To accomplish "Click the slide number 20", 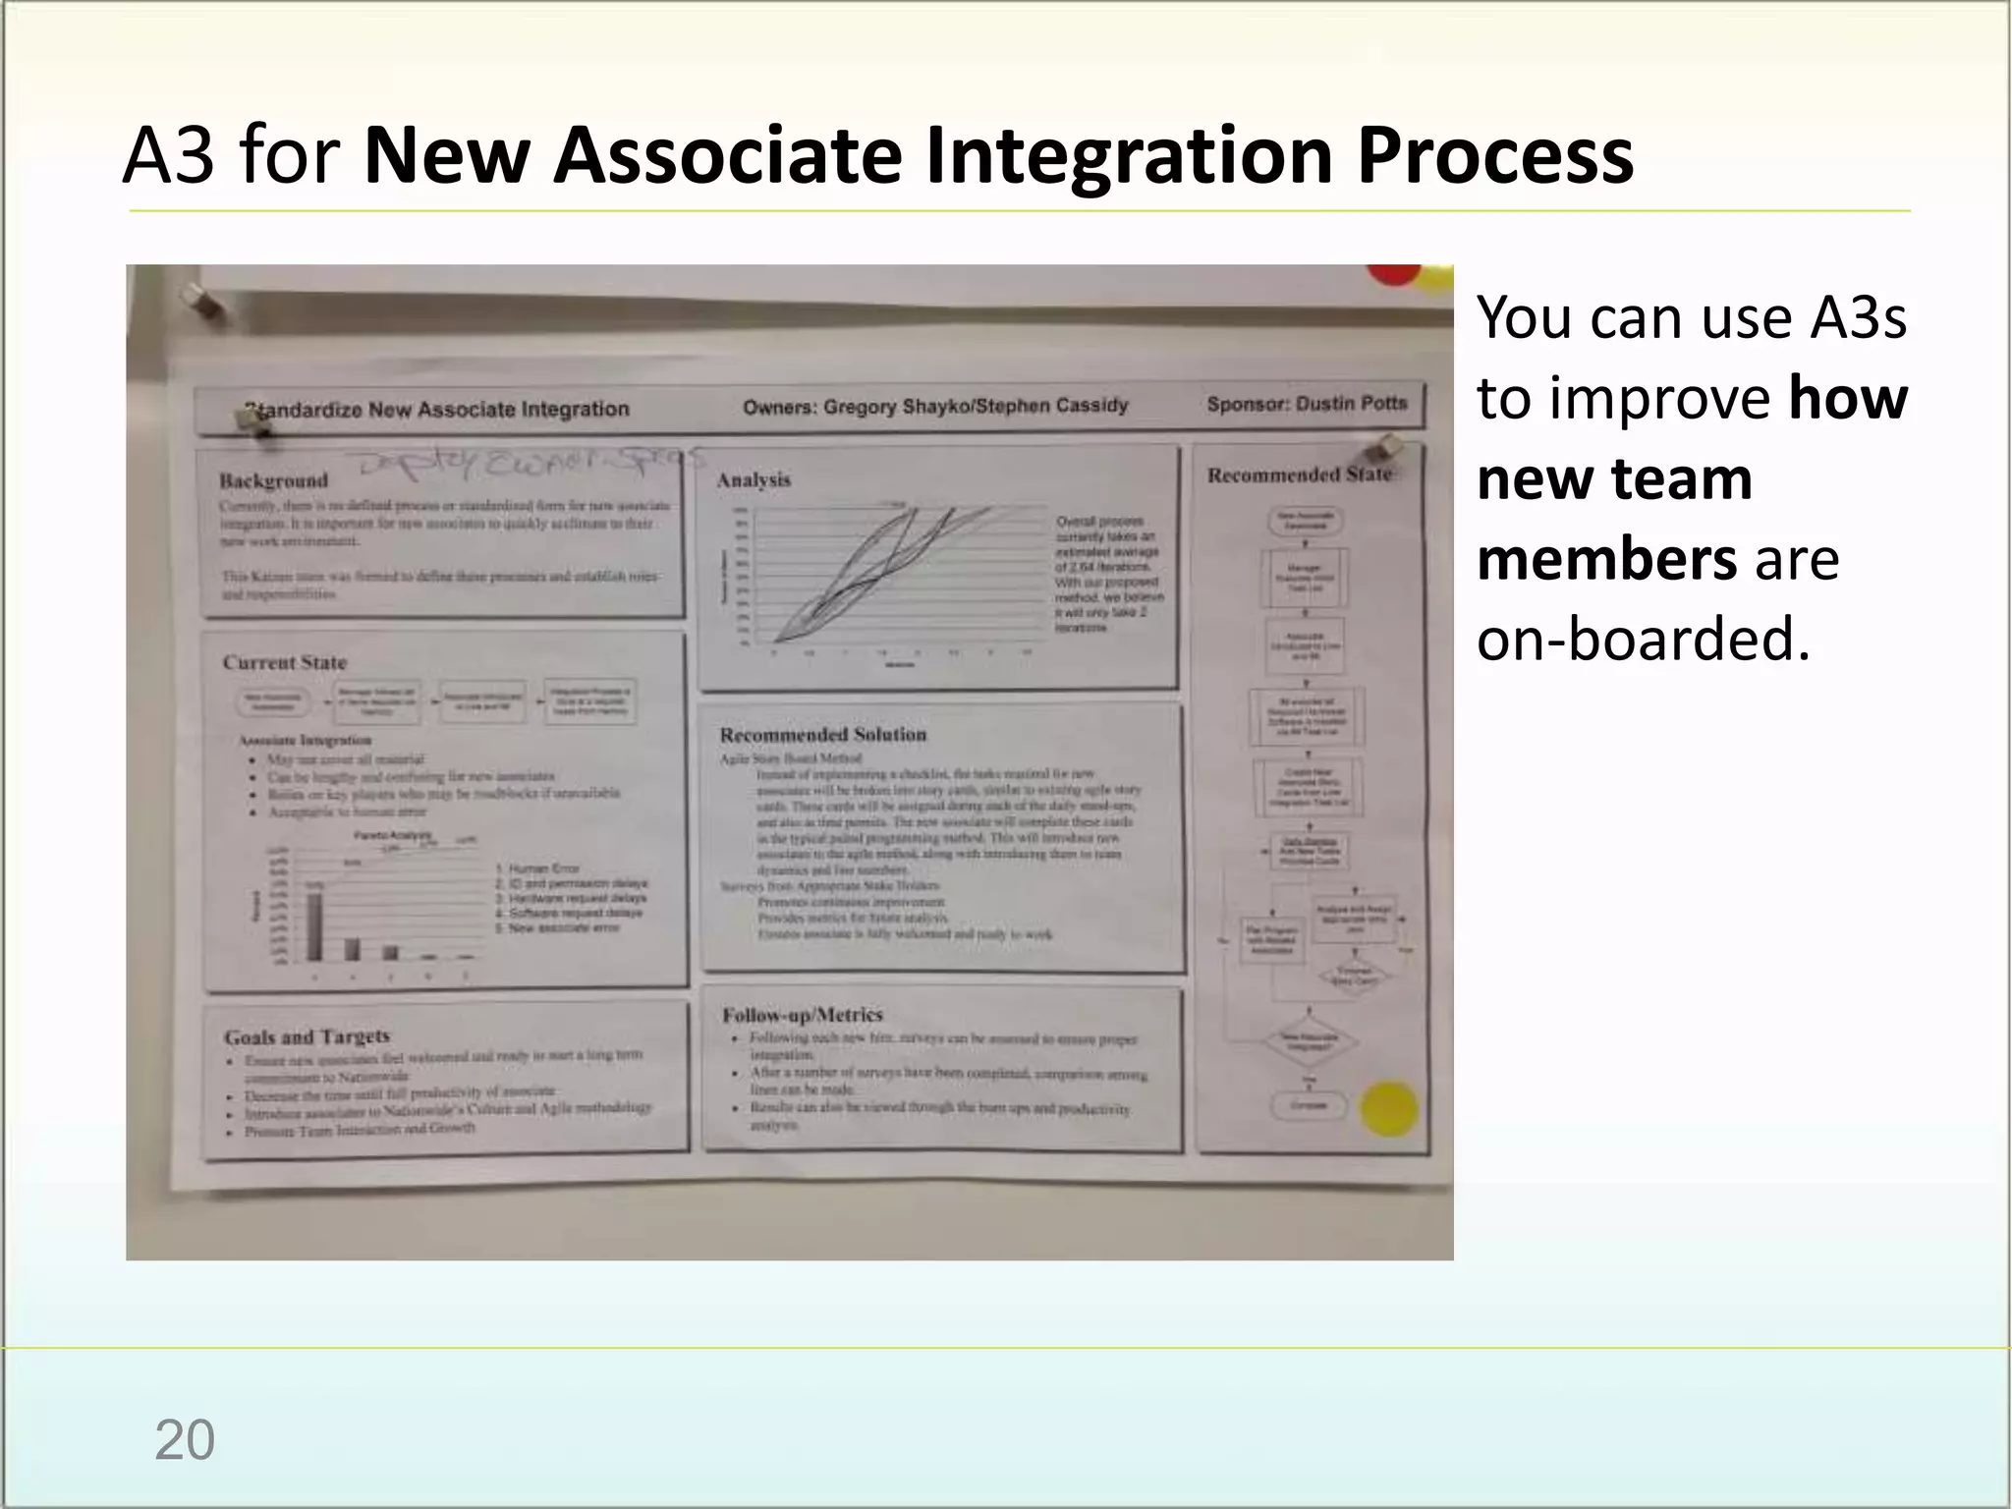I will [184, 1440].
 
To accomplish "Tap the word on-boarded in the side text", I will [1643, 640].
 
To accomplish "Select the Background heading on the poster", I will [273, 480].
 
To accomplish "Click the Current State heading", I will [284, 662].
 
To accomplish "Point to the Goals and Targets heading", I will [307, 1036].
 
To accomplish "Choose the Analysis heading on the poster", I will [754, 479].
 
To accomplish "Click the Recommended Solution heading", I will [822, 735].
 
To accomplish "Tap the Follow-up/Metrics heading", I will [802, 1015].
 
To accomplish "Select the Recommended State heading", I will [1299, 475].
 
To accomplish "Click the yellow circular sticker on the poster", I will [1389, 1109].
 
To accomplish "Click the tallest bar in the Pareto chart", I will [314, 923].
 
